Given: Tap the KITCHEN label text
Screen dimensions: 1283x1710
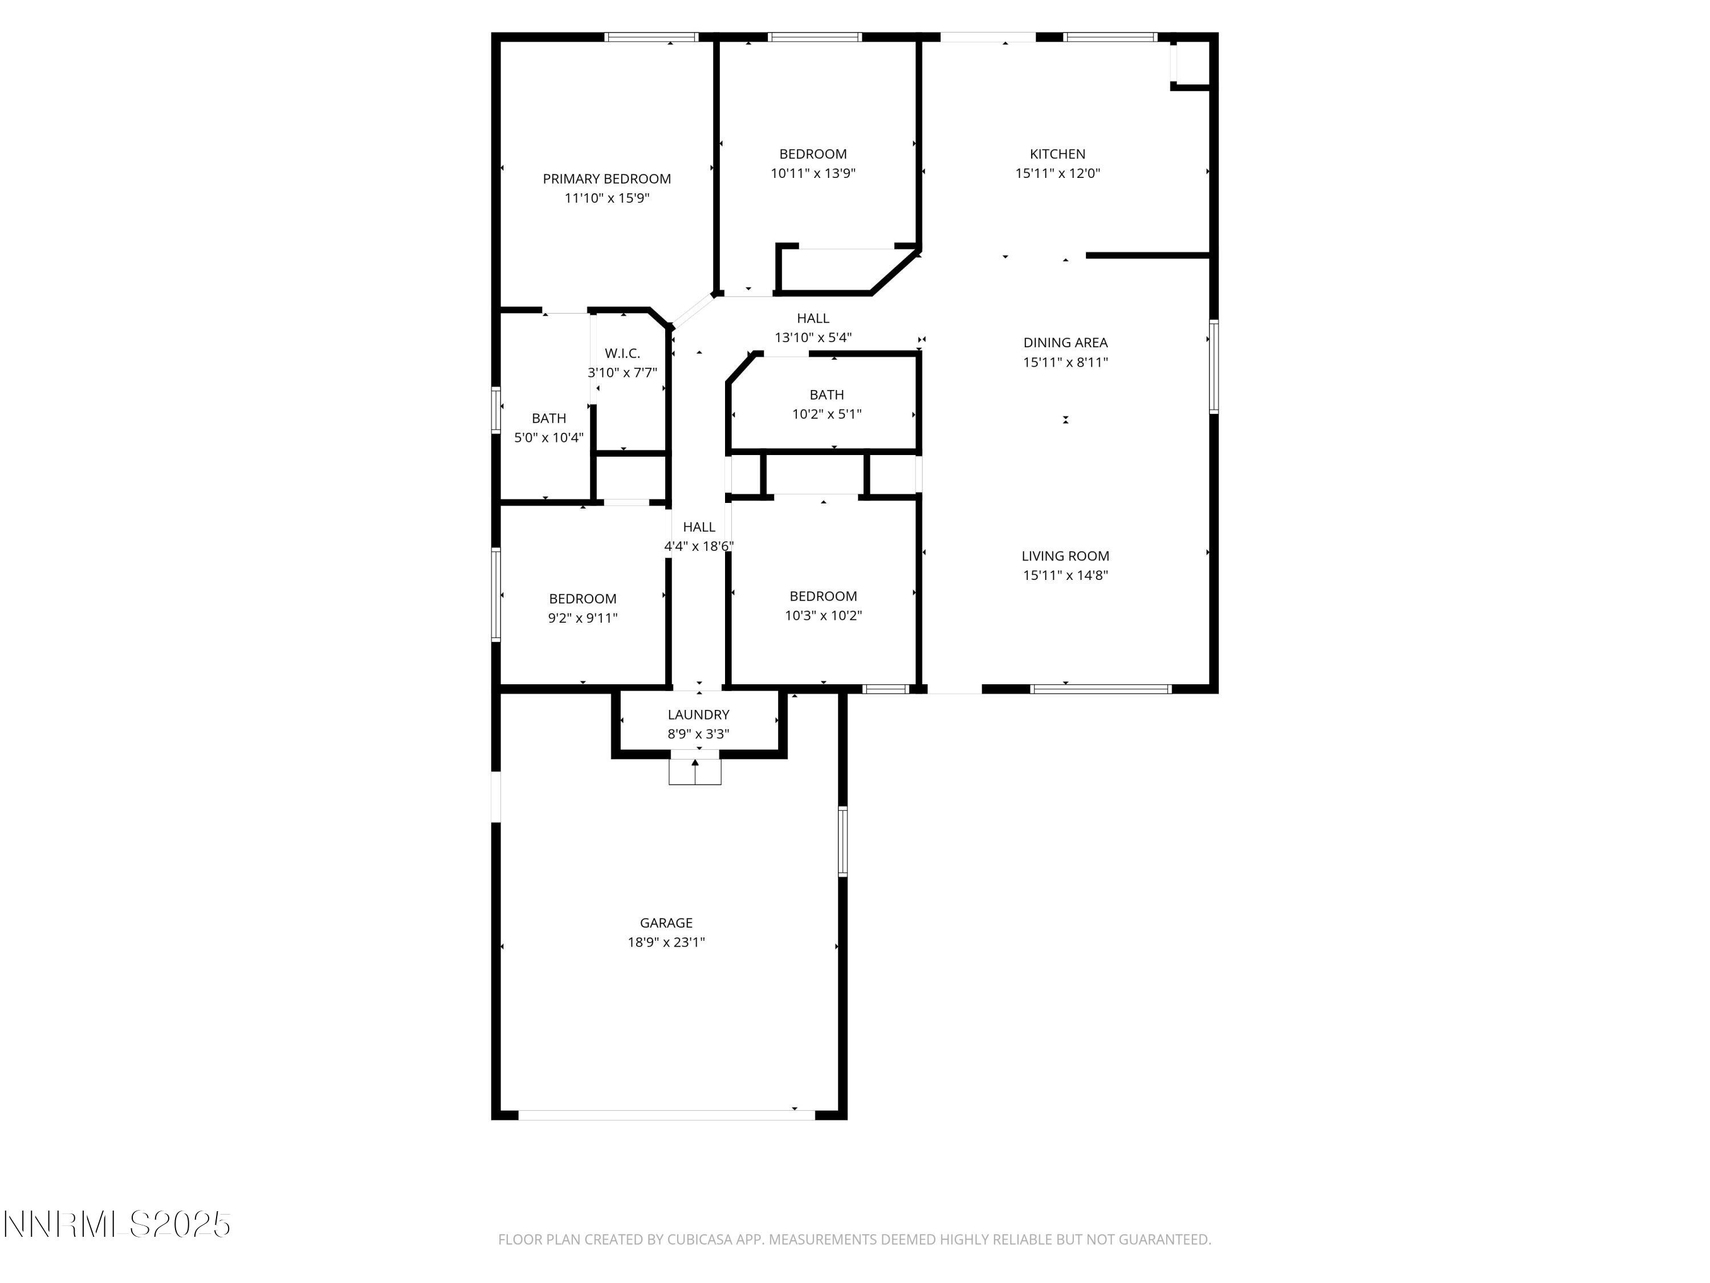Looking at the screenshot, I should click(1057, 154).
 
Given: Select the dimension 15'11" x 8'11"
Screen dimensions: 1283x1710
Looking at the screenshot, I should click(1065, 362).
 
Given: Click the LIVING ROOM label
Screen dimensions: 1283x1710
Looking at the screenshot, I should click(1065, 556).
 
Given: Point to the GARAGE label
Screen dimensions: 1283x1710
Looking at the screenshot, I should click(666, 923).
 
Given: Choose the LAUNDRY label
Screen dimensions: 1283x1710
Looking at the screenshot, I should click(698, 714).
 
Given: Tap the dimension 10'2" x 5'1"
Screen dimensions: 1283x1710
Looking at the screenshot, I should click(826, 414).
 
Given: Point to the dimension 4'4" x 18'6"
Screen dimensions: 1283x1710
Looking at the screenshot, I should click(698, 546).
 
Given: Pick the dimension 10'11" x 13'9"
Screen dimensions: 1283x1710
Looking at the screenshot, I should click(812, 173).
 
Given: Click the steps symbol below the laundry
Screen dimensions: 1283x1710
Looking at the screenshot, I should click(695, 772).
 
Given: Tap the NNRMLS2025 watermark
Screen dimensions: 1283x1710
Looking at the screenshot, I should click(117, 1225).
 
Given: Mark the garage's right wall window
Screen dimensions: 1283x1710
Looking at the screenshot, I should click(842, 842).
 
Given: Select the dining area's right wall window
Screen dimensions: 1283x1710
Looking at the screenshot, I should click(1213, 367).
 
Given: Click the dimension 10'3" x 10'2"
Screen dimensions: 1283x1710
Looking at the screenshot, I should click(823, 616).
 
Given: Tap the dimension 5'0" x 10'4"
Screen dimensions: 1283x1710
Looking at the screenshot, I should click(548, 438).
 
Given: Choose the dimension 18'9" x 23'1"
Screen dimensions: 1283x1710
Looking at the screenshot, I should click(666, 942).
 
